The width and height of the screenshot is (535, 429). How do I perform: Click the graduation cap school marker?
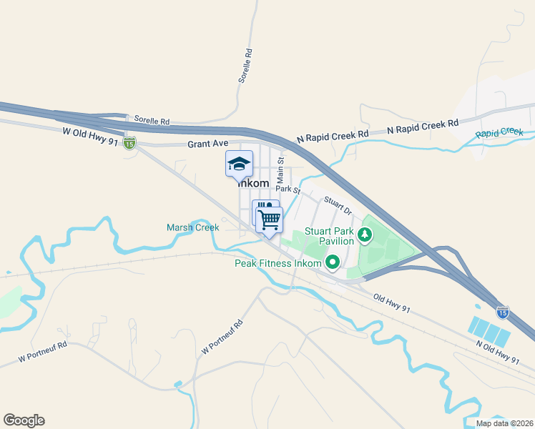point(239,164)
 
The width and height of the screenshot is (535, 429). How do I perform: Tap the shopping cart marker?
point(270,219)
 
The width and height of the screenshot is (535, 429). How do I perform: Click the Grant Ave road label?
point(207,144)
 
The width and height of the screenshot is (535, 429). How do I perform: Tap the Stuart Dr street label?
point(338,207)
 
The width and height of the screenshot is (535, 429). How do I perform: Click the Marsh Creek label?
point(192,227)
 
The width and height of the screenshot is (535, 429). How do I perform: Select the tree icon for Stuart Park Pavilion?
point(364,234)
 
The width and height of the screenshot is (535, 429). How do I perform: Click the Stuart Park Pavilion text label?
point(330,236)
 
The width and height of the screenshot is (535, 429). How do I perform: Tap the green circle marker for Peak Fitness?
point(333,263)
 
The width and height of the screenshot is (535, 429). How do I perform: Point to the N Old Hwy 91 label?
point(497,351)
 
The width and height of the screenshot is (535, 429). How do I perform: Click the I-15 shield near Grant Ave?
point(129,143)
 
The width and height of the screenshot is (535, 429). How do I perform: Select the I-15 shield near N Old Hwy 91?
point(503,312)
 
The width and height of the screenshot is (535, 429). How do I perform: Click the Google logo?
point(24,420)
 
